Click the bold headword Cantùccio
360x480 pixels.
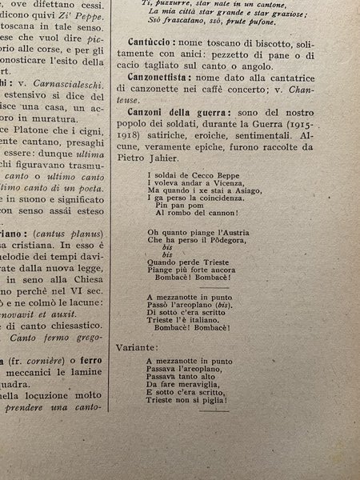coord(150,42)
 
